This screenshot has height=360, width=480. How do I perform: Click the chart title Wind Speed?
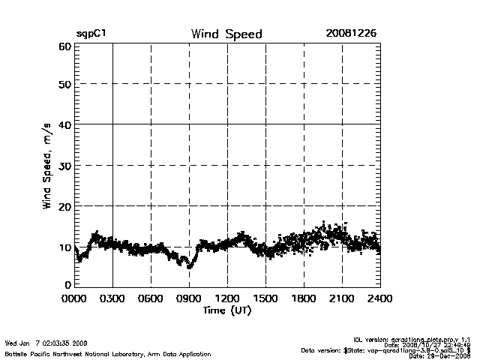coord(226,34)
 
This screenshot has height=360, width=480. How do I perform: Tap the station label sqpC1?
coord(89,34)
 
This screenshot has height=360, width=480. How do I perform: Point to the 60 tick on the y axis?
coord(63,46)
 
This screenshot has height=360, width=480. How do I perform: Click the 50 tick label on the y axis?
coord(63,85)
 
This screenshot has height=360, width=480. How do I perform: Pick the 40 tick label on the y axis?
coord(63,124)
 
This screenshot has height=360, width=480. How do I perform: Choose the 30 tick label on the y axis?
coord(63,165)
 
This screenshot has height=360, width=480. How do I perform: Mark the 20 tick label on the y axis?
coord(63,205)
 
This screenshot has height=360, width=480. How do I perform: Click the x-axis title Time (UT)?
coord(227,310)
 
